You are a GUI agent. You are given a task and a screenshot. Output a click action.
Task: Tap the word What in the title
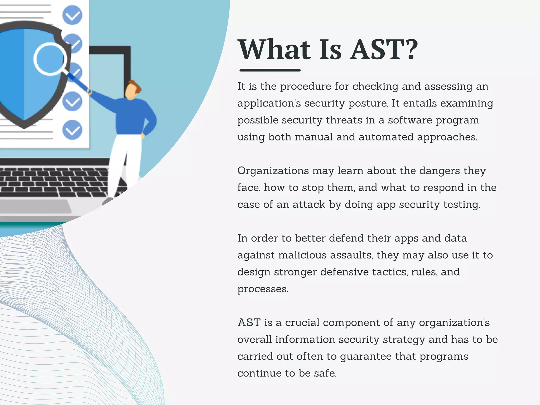(274, 50)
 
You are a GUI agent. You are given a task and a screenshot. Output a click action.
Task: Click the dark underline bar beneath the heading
(270, 70)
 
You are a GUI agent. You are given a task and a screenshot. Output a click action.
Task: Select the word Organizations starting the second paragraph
(273, 171)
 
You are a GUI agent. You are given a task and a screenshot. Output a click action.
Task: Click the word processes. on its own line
(263, 289)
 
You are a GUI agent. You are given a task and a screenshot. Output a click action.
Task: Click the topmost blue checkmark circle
(72, 15)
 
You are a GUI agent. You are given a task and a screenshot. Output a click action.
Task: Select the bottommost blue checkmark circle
(72, 130)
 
